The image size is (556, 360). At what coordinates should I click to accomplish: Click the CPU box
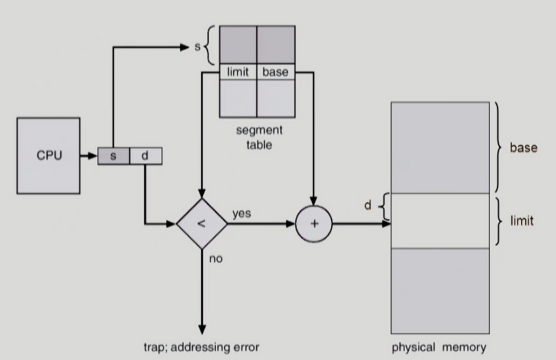pos(48,155)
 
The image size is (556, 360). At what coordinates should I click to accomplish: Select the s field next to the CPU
pos(113,156)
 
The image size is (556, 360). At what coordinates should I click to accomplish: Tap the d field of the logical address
pos(146,156)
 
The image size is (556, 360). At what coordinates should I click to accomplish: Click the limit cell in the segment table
pos(238,72)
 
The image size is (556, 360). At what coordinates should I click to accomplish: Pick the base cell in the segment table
pos(275,72)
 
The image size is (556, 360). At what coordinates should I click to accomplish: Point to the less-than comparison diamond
pos(202,224)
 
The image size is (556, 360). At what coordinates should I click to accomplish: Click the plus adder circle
pos(314,224)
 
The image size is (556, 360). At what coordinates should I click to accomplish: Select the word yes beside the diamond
pos(242,214)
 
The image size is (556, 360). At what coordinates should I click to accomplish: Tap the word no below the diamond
pos(215,259)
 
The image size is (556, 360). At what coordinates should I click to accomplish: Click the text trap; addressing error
pos(201,347)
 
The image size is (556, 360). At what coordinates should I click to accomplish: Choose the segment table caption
pos(259,137)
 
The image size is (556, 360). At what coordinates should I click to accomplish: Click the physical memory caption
pos(439,347)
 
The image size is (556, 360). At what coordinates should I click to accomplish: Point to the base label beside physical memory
pos(523,148)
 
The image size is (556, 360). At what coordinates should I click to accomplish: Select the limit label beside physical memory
pos(522,221)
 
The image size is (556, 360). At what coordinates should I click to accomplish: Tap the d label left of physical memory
pos(368,205)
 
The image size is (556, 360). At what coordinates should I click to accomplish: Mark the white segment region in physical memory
pos(440,221)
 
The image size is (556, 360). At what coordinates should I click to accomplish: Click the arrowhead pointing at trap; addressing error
pos(202,330)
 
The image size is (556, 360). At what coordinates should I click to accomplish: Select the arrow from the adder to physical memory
pos(361,224)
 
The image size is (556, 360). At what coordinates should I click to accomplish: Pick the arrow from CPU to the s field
pos(89,155)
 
